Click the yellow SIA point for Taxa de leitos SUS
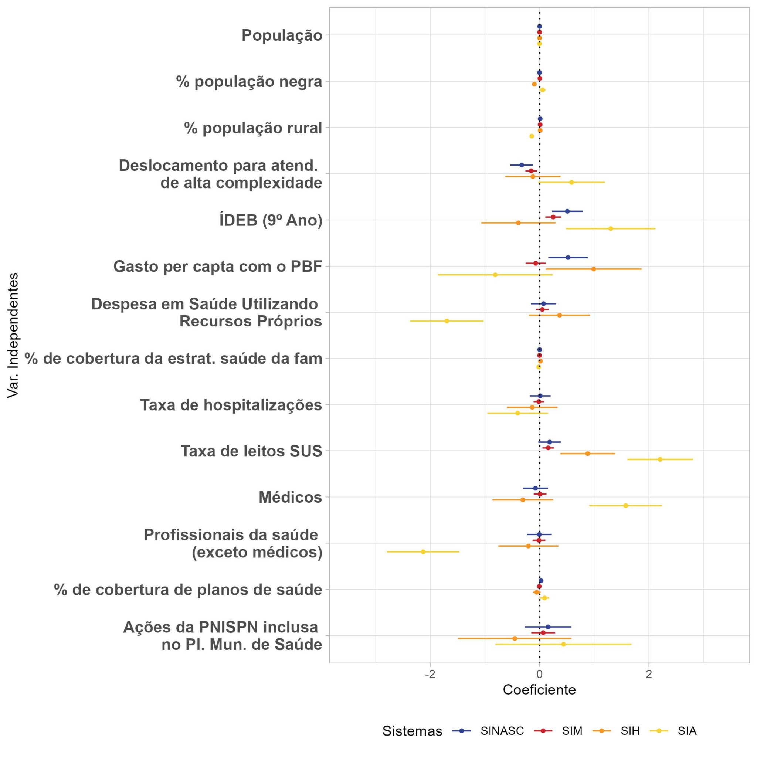tap(660, 459)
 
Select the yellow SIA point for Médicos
tap(625, 505)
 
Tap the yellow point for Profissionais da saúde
tap(423, 552)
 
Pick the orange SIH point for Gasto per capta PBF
tap(593, 269)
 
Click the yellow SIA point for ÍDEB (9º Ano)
tap(611, 228)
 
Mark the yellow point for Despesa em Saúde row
tap(447, 321)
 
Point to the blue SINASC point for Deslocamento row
tap(522, 165)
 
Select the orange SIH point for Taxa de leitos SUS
tap(587, 453)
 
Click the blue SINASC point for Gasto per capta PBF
tap(568, 257)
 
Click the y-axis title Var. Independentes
tap(13, 335)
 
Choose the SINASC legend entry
tap(502, 731)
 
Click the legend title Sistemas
tap(412, 731)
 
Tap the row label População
tap(282, 35)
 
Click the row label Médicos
tap(290, 498)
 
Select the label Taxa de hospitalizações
tap(231, 405)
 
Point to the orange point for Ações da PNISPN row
tap(515, 638)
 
